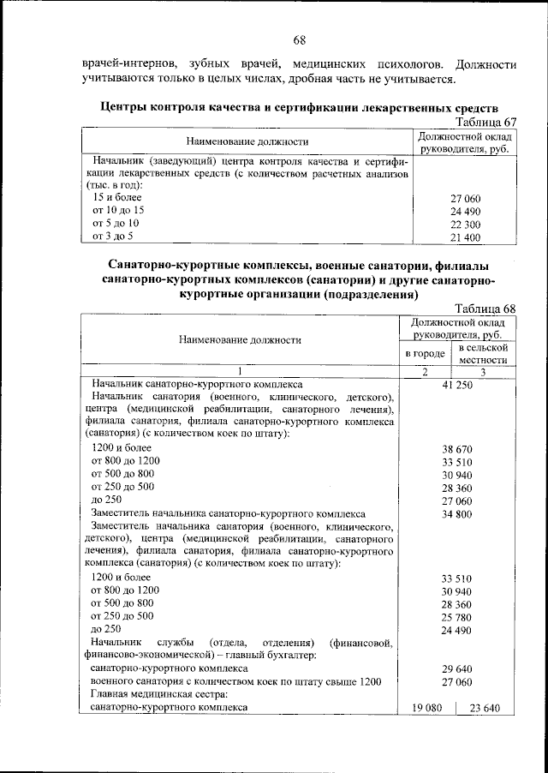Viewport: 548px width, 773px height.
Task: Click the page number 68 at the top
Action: coord(300,40)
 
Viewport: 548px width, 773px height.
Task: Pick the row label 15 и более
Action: coord(116,197)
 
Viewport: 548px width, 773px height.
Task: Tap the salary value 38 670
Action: coord(458,448)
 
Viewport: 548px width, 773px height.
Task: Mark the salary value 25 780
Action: coord(458,616)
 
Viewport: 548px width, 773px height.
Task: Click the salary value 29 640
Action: coord(458,668)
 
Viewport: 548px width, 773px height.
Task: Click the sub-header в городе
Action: coord(425,354)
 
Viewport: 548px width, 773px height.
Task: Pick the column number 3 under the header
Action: coord(484,371)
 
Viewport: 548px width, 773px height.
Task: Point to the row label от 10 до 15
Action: coord(118,210)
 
